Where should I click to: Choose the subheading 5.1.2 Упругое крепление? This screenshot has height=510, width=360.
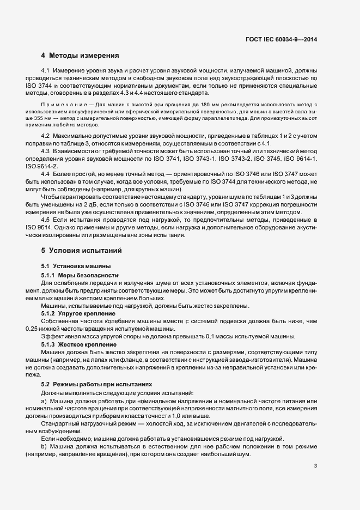(78, 313)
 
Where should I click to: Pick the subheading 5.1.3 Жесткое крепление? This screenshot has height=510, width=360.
(79, 344)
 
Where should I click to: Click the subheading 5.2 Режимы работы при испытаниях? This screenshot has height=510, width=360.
(96, 384)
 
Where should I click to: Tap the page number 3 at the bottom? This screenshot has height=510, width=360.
(316, 466)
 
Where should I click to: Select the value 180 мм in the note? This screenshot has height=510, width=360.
(195, 104)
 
